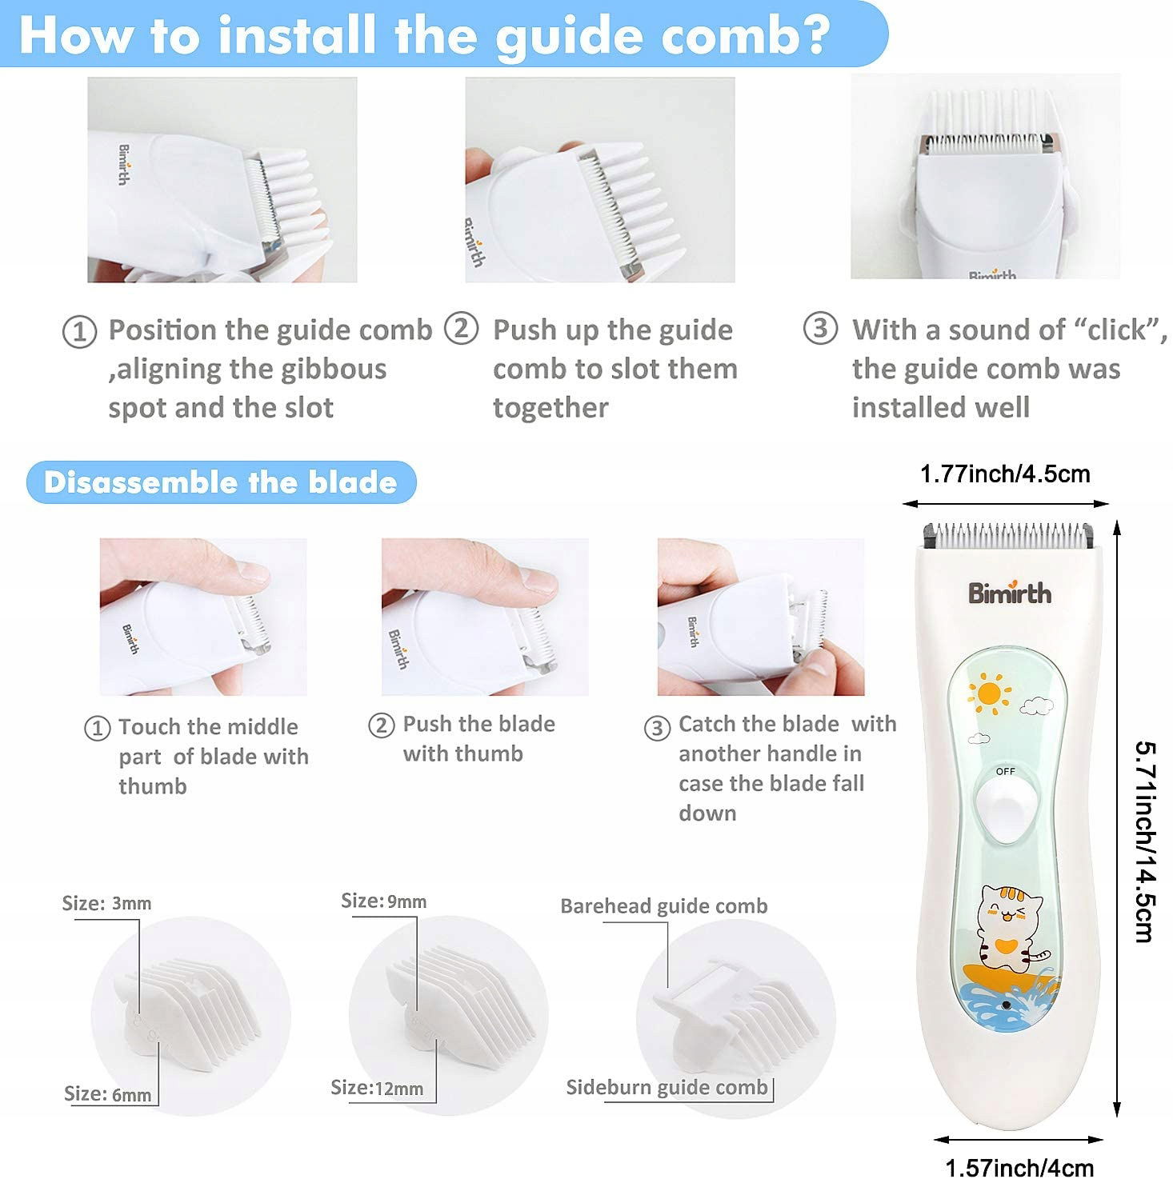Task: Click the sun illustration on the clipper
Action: click(988, 693)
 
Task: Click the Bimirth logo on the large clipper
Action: click(1010, 592)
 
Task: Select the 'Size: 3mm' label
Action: click(106, 903)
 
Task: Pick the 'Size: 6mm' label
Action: click(108, 1093)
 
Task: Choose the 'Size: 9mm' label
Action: click(384, 901)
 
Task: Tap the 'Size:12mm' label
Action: click(377, 1087)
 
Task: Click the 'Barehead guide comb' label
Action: click(663, 905)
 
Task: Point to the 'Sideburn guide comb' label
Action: click(667, 1086)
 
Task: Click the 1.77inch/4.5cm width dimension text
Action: click(1005, 474)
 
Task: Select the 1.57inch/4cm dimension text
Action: click(1019, 1167)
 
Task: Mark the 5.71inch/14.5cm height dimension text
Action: click(1145, 842)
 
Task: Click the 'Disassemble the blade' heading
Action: click(220, 482)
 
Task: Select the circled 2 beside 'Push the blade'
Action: click(381, 725)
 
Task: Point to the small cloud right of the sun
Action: click(1036, 705)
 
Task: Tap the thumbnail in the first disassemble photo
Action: click(252, 571)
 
